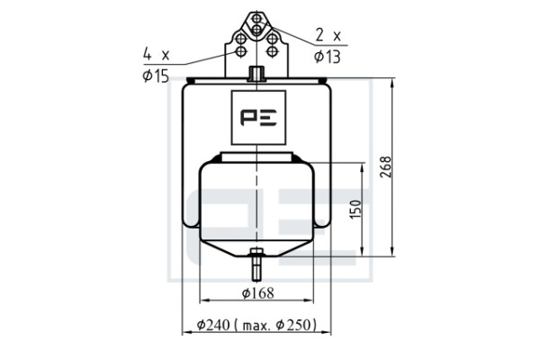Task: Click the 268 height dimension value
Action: [x=386, y=167]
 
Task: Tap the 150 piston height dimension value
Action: [x=355, y=209]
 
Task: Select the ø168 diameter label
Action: [x=258, y=293]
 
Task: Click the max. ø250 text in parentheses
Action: [x=279, y=325]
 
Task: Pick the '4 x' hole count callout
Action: [x=157, y=54]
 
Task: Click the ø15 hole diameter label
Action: [x=156, y=76]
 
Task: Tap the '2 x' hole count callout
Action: [x=328, y=35]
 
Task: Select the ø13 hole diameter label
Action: [x=328, y=57]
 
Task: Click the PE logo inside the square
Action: [x=258, y=118]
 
